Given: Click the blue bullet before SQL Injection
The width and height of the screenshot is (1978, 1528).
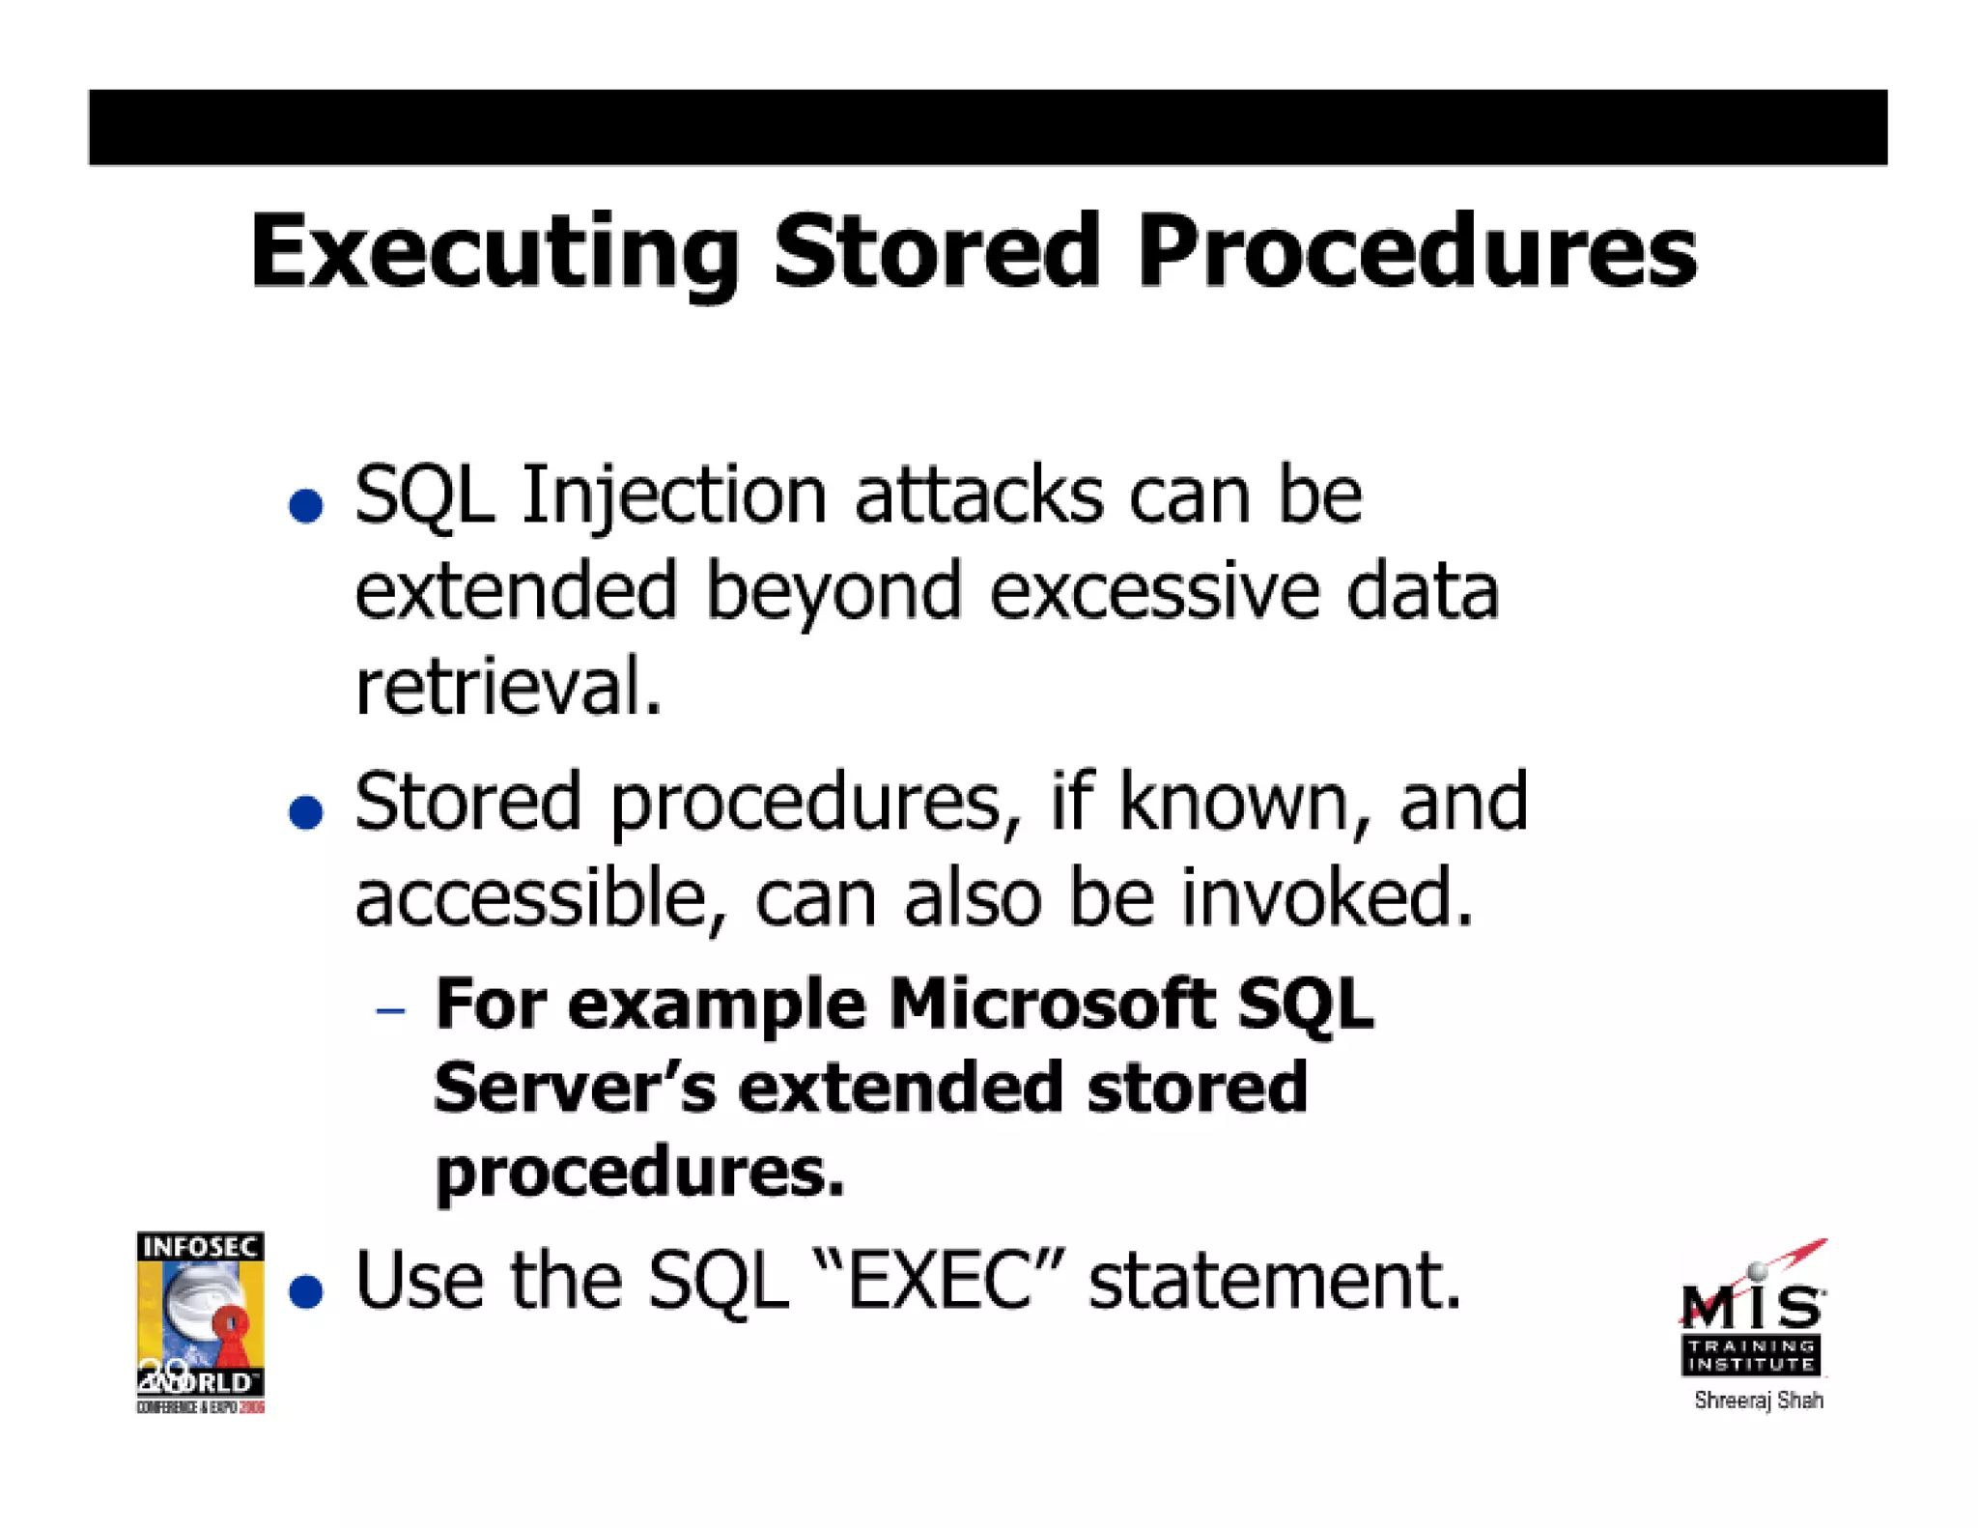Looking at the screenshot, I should [306, 505].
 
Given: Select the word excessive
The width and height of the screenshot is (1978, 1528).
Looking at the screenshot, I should [1154, 591].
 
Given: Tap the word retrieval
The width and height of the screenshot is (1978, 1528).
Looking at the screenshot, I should [508, 687].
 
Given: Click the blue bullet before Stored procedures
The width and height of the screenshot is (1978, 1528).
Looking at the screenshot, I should [306, 811].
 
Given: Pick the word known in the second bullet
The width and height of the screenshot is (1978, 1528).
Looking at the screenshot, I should [1230, 802].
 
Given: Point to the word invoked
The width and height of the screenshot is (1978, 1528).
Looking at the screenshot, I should [1327, 897].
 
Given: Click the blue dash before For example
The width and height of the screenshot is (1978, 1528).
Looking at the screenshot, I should [390, 1011].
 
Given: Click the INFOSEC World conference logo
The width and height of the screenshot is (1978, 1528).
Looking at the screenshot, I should [200, 1321].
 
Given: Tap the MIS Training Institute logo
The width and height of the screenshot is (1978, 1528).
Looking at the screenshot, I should [1753, 1314].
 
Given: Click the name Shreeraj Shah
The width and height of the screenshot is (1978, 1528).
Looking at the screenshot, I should [1758, 1401].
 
